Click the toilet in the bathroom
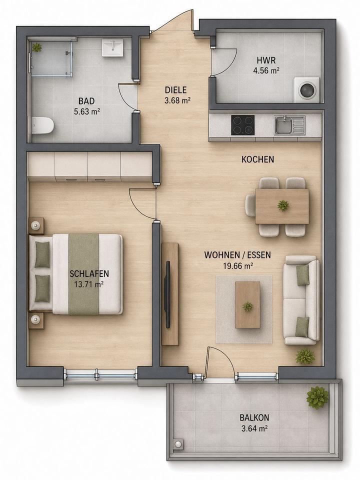42,125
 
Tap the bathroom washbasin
112,47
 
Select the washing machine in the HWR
306,89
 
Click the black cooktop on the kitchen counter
243,125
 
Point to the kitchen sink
289,125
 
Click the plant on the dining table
283,205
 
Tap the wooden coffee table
247,305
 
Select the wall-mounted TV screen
168,294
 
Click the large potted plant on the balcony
317,397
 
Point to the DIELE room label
175,90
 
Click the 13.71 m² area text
88,284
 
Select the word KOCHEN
258,159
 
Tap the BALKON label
254,417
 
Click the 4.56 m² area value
266,70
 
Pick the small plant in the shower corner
37,47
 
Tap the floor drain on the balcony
178,444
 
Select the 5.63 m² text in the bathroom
87,111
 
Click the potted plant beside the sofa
305,356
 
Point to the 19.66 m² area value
237,266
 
